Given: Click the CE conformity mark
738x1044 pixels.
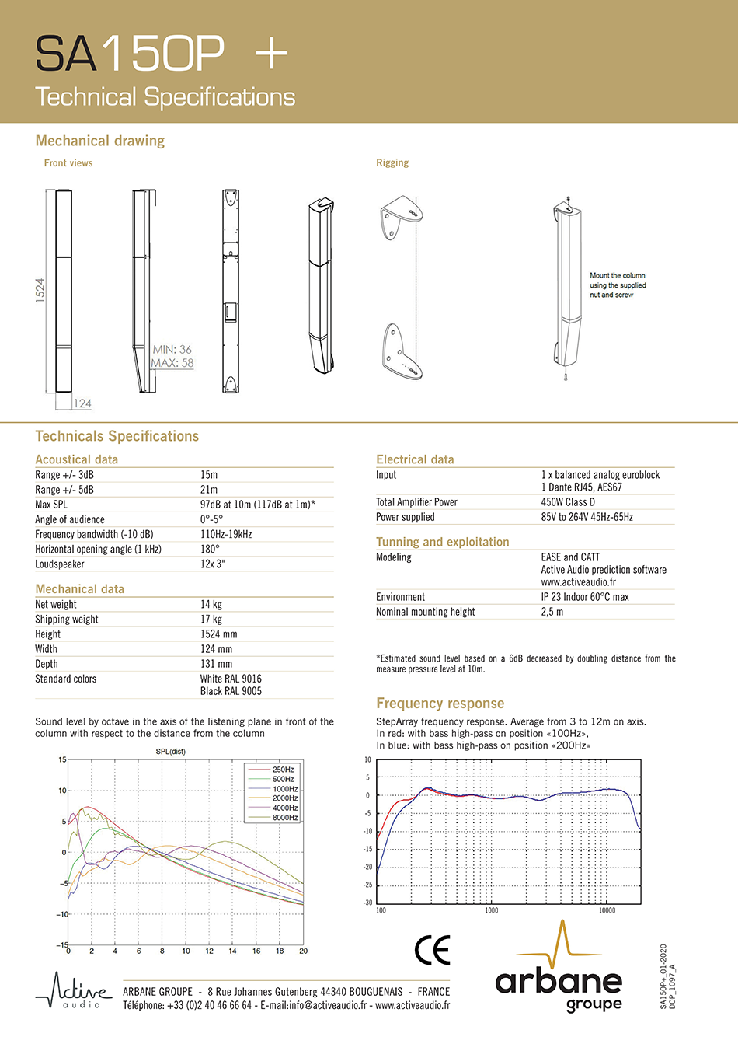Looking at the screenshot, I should pos(433,950).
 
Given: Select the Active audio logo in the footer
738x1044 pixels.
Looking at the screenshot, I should pos(74,992).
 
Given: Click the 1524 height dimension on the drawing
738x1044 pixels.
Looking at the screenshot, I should pos(40,291).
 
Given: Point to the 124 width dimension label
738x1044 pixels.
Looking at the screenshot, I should pos(82,403).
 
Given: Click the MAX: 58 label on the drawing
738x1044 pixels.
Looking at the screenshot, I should pos(172,363).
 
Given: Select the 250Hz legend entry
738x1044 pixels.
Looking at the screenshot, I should pos(283,770).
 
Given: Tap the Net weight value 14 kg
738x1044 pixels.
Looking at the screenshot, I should pos(211,604).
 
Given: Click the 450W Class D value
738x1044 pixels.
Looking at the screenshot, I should pos(568,502).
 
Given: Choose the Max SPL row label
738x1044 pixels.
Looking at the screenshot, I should pos(51,505).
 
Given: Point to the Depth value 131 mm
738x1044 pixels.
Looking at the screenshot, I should pos(216,664).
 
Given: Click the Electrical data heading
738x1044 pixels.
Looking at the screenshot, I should pos(415,459).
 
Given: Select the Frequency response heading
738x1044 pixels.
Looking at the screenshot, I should pos(440,704).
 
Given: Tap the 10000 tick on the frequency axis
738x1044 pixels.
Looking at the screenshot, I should pos(607,910).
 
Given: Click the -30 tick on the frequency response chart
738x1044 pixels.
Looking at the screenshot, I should pos(367,903).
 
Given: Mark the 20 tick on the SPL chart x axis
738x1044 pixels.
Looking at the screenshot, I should pos(303,951).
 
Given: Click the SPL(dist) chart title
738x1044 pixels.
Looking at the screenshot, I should pos(171,752).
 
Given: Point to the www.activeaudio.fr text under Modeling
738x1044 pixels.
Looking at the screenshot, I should pos(578,582).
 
